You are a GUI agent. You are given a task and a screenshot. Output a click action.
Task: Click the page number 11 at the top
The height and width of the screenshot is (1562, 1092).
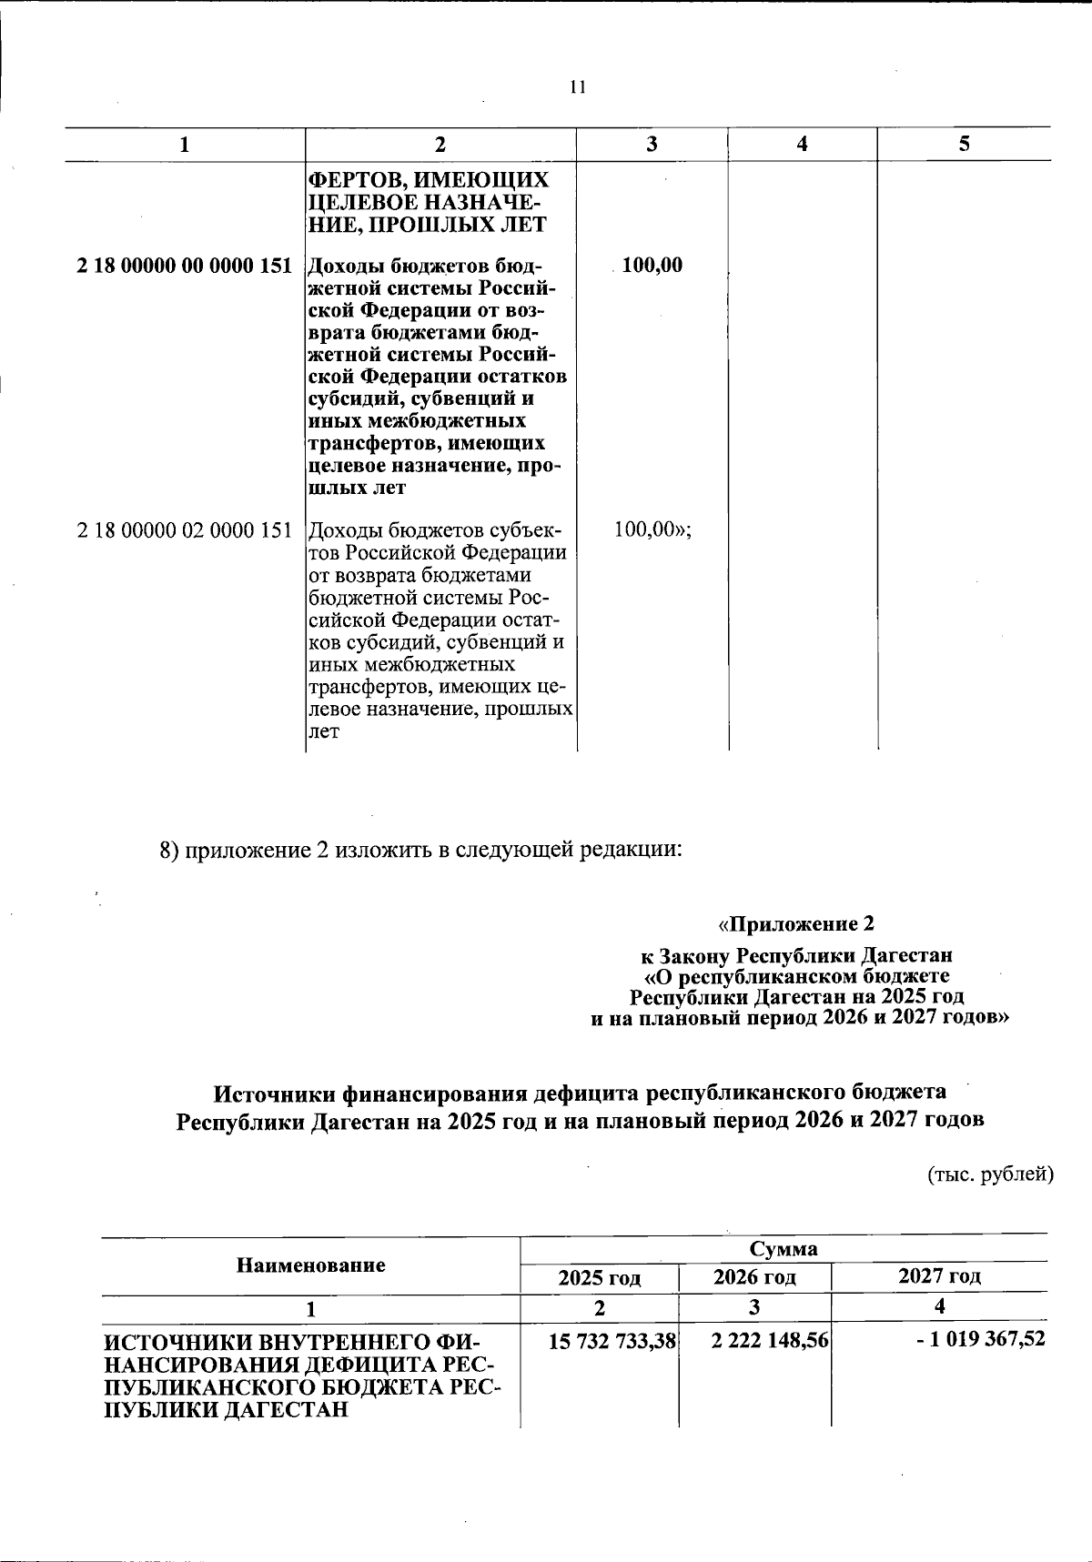click(x=577, y=87)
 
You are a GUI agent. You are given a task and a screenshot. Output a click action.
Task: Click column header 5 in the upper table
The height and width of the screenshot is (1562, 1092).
click(x=964, y=144)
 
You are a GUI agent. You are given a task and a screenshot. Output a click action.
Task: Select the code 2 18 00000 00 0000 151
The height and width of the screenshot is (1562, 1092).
click(x=185, y=266)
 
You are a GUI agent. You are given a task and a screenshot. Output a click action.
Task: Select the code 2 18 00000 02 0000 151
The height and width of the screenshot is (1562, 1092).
click(x=185, y=530)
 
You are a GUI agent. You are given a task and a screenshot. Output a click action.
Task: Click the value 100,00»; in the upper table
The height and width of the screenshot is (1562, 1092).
click(x=652, y=530)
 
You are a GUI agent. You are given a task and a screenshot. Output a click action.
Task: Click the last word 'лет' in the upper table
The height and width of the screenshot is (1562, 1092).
click(x=324, y=731)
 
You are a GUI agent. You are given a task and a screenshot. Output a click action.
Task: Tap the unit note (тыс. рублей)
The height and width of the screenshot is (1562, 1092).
click(x=990, y=1174)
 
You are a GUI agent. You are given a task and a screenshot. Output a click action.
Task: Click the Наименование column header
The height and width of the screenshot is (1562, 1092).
click(x=310, y=1265)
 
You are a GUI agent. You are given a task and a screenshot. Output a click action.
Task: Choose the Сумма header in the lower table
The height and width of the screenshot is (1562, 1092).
click(x=783, y=1248)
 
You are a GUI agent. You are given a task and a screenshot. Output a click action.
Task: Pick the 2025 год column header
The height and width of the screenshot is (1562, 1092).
click(x=599, y=1277)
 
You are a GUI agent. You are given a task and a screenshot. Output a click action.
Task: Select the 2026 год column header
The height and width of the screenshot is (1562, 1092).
click(x=754, y=1277)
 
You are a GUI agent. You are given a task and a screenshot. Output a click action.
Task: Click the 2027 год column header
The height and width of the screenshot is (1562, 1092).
click(x=939, y=1277)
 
